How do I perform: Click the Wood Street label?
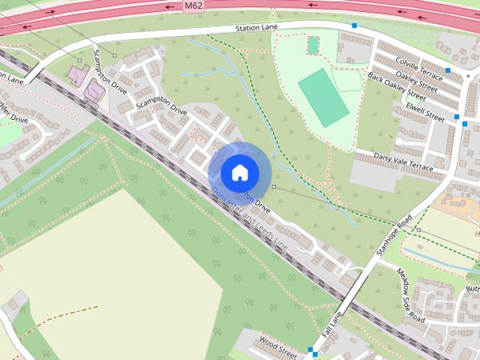tap(277, 346)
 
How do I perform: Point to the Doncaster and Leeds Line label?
tap(248, 218)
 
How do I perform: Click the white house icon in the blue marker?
tap(239, 172)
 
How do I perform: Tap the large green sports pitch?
tap(323, 97)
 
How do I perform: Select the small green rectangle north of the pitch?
tap(313, 46)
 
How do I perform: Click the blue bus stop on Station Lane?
tap(354, 25)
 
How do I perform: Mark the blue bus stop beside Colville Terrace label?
tap(448, 71)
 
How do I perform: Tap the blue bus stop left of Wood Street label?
tap(310, 349)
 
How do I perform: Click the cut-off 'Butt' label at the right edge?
tap(472, 289)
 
